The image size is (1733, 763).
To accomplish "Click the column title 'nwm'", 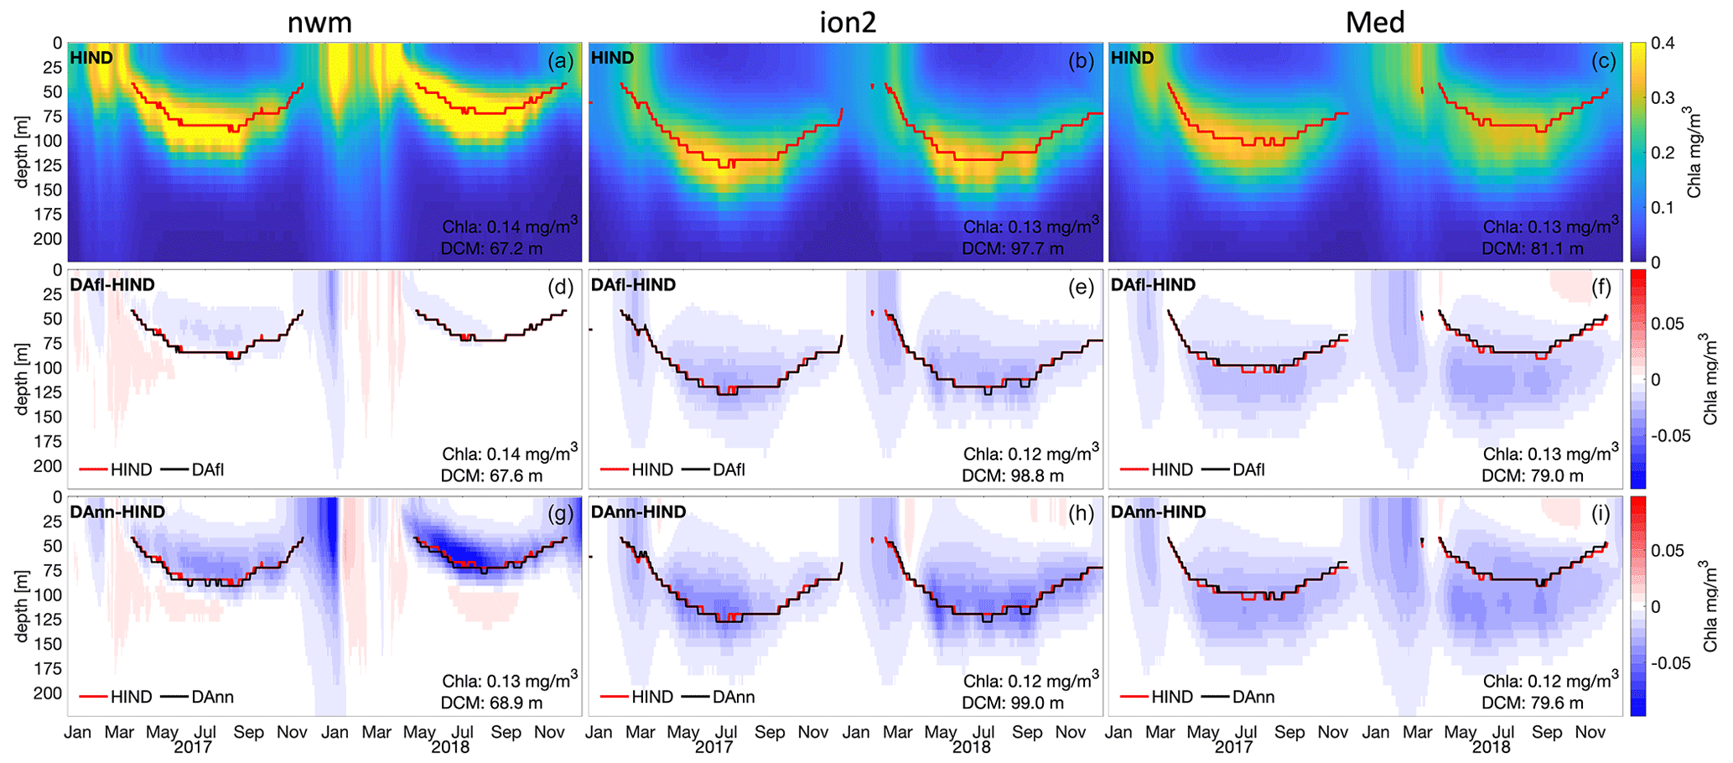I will click(x=319, y=22).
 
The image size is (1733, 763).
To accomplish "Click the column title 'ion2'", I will click(x=848, y=22).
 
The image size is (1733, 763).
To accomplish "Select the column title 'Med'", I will click(x=1375, y=22).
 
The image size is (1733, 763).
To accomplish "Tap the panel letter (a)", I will click(x=560, y=60).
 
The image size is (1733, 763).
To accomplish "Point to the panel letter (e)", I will click(x=1081, y=288).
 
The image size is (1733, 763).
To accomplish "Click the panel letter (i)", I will click(x=1601, y=514).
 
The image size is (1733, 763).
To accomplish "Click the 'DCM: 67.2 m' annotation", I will click(x=492, y=248).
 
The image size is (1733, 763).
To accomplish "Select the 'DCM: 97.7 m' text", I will click(x=1013, y=248).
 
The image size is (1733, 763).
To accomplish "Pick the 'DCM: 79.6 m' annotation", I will click(x=1533, y=703).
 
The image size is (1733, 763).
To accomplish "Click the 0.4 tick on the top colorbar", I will click(x=1663, y=44).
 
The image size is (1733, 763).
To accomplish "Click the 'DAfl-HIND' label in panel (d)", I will click(x=112, y=285).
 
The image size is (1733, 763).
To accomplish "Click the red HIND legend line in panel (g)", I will click(x=94, y=697).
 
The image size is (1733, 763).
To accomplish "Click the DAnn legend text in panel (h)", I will click(x=734, y=697).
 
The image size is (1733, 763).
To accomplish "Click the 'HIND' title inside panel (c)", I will click(x=1132, y=58).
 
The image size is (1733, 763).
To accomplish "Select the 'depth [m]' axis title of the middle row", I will click(x=23, y=379).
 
